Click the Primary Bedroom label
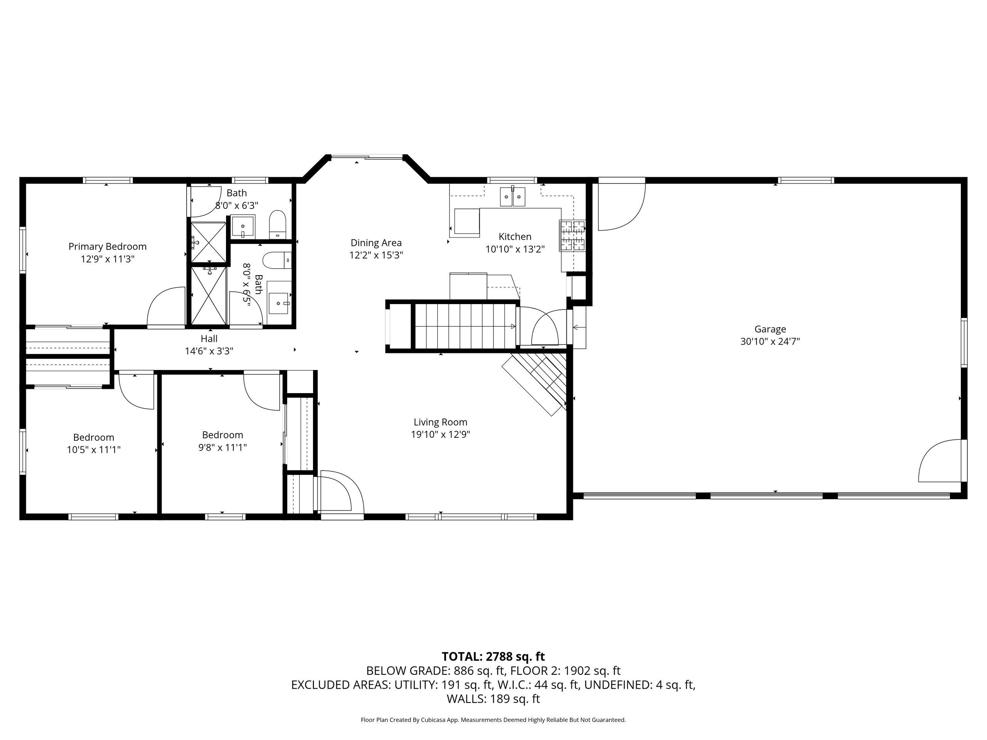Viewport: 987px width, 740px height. coord(107,247)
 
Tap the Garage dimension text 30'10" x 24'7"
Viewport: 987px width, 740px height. coord(770,342)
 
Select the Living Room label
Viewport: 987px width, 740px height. coord(440,422)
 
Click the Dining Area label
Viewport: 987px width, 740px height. coord(376,243)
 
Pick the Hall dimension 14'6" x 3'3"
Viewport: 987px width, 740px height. coord(209,351)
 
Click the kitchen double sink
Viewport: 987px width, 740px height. coord(513,196)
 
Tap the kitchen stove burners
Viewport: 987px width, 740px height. coord(573,236)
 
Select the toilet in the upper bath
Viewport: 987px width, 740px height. coord(278,224)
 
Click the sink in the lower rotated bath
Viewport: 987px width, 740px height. coord(279,303)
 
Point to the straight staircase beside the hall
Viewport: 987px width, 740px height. coord(466,326)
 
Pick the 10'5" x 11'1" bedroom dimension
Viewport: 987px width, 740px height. coord(94,450)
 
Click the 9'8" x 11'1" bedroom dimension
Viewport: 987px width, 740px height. coord(223,447)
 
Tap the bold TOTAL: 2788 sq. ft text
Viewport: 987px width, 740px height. coord(493,657)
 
